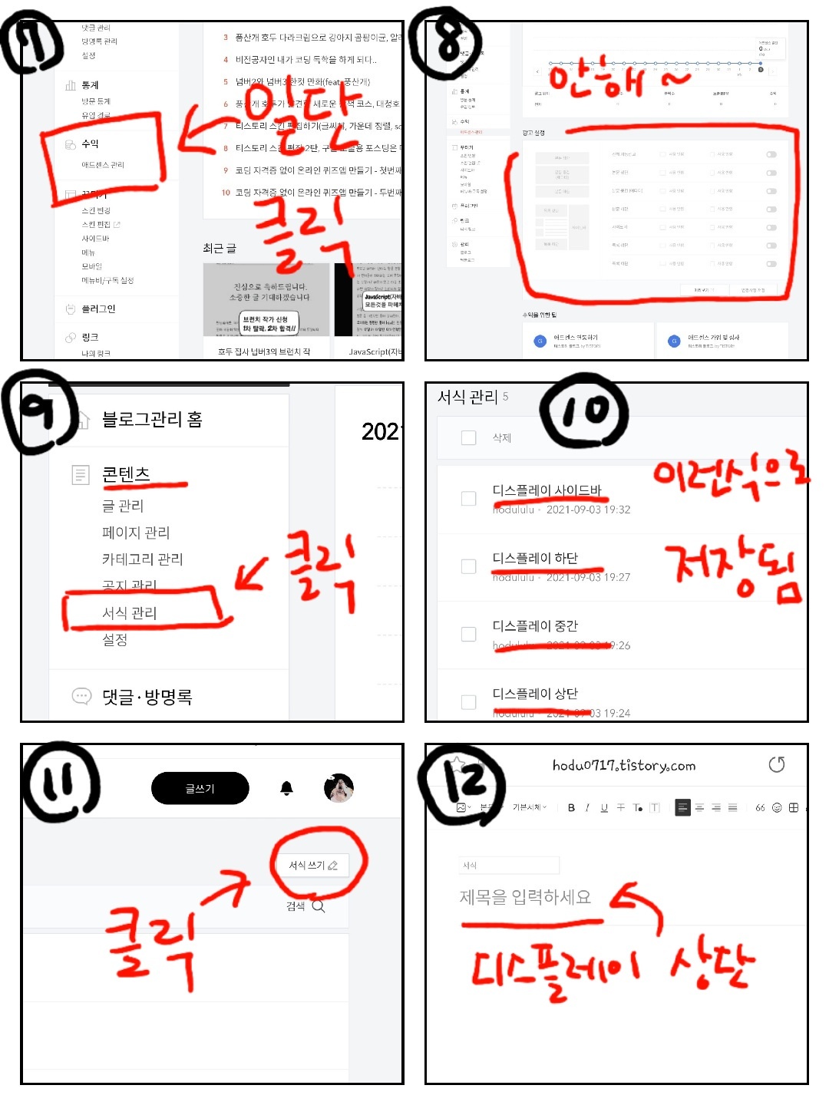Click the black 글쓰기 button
pos(200,788)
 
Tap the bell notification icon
pos(287,788)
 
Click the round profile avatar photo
pos(339,788)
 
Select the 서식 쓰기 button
pos(312,865)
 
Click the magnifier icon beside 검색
pos(319,906)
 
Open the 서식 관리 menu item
pos(130,612)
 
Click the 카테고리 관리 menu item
pos(142,559)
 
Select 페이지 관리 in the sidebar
pos(136,532)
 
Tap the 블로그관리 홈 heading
pos(152,419)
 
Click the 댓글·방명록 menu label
pos(147,697)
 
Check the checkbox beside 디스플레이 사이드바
pos(468,499)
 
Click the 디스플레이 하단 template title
pos(535,558)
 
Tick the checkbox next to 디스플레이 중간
pos(468,634)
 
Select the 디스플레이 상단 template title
pos(535,693)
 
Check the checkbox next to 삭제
pos(468,437)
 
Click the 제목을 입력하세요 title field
pos(526,896)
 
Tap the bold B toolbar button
pos(571,807)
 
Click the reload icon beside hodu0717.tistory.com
pos(777,764)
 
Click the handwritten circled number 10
pos(584,411)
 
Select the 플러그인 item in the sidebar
pos(98,308)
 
